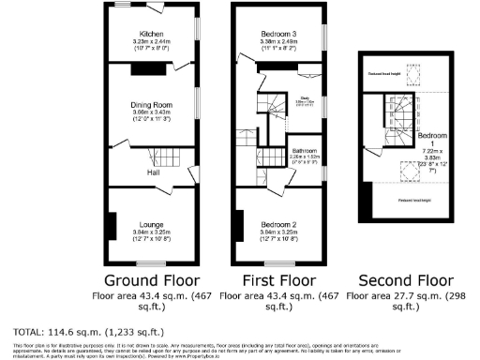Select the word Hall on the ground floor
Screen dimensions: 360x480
click(152, 172)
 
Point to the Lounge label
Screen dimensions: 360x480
click(153, 225)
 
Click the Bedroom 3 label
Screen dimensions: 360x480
click(278, 33)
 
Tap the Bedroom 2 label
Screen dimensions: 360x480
click(278, 225)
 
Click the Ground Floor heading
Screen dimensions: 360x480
click(150, 278)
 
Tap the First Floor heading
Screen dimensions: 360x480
click(277, 278)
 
